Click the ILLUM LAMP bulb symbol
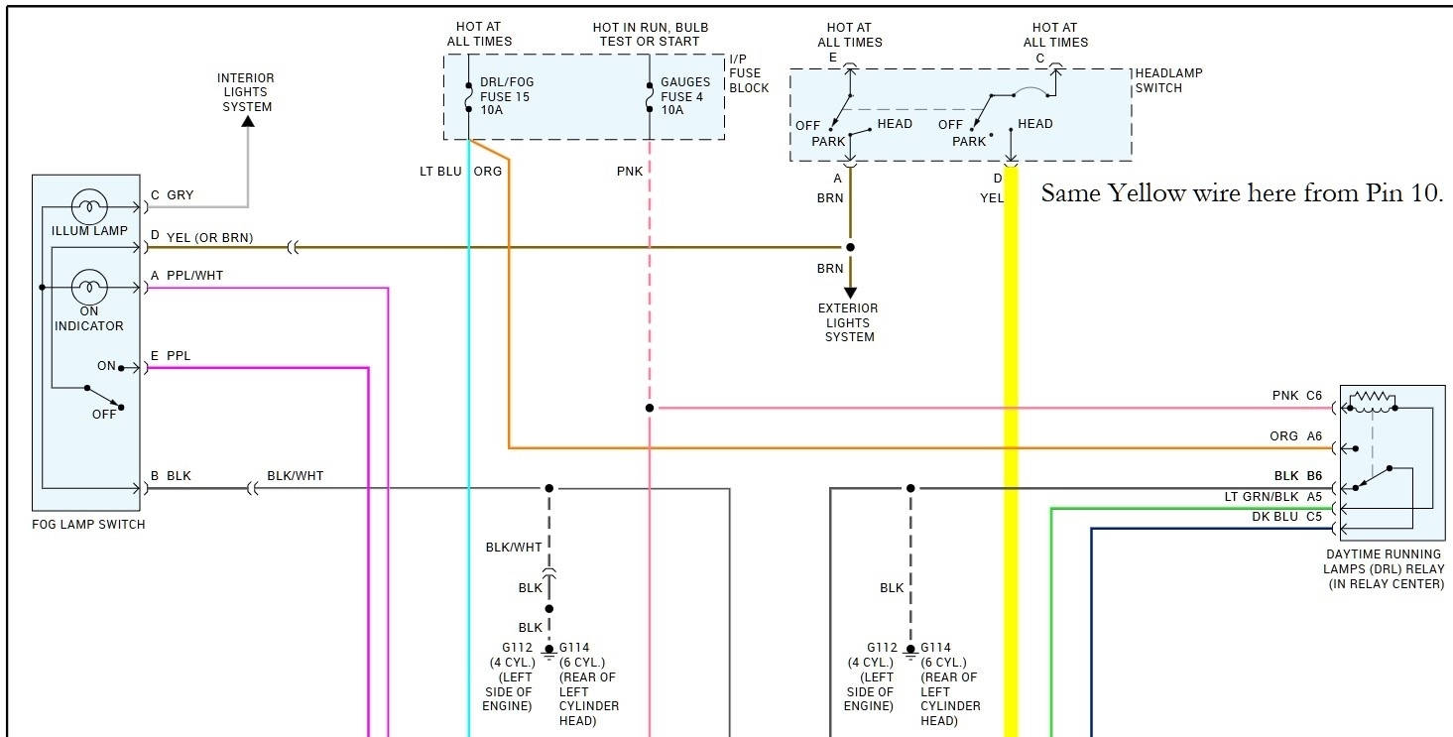coord(89,208)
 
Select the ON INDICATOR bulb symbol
coord(89,288)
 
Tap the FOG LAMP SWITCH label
coord(88,525)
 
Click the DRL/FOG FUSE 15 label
coord(506,96)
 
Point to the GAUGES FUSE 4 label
coord(685,96)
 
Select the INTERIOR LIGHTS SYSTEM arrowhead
coord(248,121)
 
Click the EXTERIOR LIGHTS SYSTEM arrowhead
coord(850,293)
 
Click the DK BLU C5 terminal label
coord(1286,517)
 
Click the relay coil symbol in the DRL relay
coord(1372,399)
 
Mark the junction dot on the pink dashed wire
coord(650,408)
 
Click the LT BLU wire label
coord(440,171)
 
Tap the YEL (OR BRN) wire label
coord(209,237)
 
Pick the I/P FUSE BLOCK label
coord(749,72)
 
